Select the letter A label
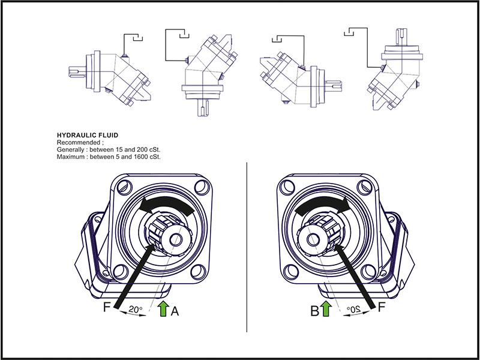click(x=175, y=311)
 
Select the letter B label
click(x=313, y=311)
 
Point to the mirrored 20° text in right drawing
click(x=353, y=311)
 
